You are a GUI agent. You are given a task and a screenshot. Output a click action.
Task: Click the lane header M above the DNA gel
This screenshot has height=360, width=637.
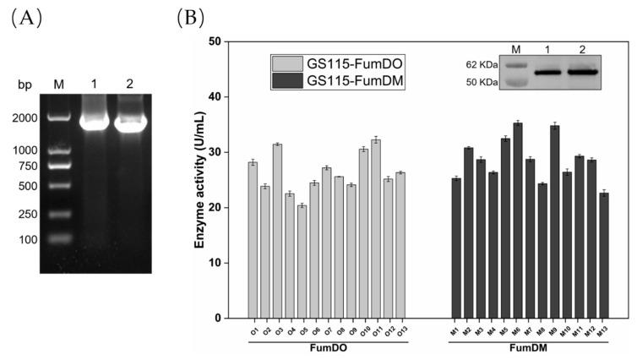click(x=58, y=85)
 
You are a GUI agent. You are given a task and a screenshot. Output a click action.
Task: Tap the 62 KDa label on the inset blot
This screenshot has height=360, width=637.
click(x=483, y=63)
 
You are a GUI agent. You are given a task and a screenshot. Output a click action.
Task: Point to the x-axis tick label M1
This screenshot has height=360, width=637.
click(x=455, y=330)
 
